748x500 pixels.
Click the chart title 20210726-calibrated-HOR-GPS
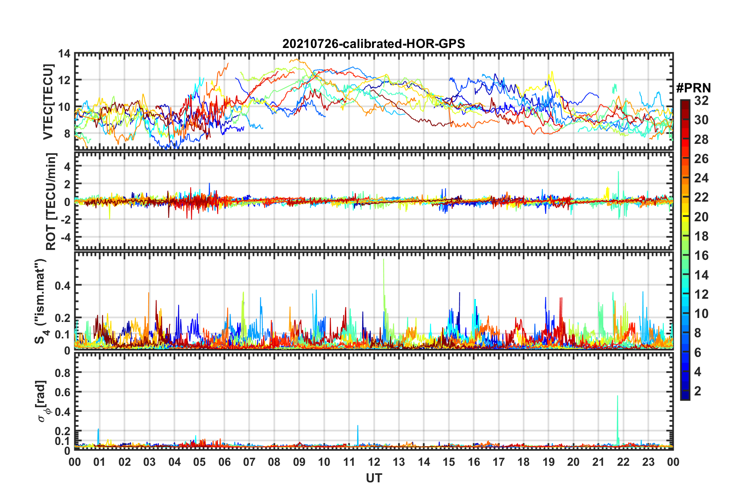[x=374, y=44]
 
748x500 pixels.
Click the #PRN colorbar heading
[x=693, y=88]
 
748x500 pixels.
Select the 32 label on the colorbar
[x=701, y=101]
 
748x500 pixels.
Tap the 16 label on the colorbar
[x=701, y=256]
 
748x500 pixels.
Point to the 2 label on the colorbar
[x=698, y=391]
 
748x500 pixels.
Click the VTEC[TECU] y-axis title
[x=48, y=102]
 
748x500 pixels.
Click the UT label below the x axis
[x=374, y=478]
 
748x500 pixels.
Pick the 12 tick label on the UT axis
[x=374, y=462]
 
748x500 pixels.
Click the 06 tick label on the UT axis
[x=224, y=462]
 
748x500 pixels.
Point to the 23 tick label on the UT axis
[x=648, y=462]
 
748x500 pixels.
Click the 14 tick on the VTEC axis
[x=64, y=53]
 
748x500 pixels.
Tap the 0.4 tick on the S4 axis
[x=63, y=285]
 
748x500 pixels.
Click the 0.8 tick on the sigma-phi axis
[x=63, y=372]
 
